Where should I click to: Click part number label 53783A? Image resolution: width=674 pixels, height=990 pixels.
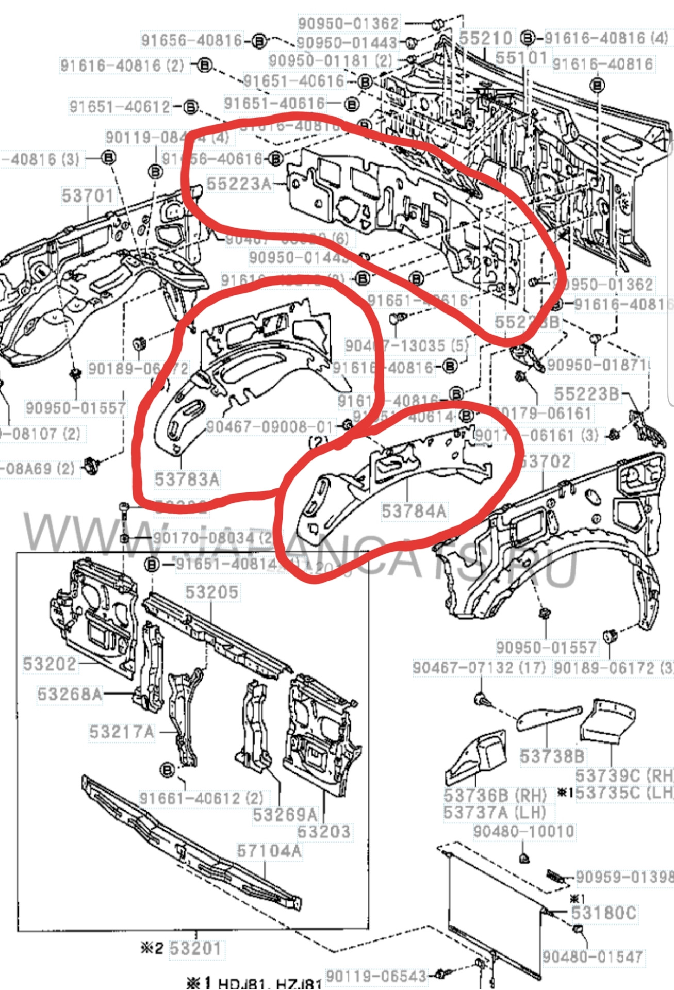pyautogui.click(x=187, y=479)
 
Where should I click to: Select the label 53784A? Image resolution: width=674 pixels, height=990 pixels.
pyautogui.click(x=414, y=511)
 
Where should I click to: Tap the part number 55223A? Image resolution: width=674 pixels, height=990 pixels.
pyautogui.click(x=239, y=184)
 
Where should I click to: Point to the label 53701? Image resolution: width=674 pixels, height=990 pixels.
pyautogui.click(x=87, y=196)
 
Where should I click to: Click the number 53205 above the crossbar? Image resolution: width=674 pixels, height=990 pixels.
pyautogui.click(x=211, y=592)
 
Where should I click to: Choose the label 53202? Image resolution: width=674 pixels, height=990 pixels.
pyautogui.click(x=50, y=664)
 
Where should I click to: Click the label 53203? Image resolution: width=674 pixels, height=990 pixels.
pyautogui.click(x=324, y=831)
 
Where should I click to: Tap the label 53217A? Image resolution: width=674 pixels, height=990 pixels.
pyautogui.click(x=122, y=732)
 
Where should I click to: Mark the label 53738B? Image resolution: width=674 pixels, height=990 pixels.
pyautogui.click(x=552, y=756)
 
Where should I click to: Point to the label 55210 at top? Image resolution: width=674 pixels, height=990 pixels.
pyautogui.click(x=485, y=38)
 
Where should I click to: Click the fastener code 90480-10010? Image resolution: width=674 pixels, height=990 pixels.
pyautogui.click(x=523, y=831)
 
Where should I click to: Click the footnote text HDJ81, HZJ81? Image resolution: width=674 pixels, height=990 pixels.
pyautogui.click(x=270, y=983)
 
